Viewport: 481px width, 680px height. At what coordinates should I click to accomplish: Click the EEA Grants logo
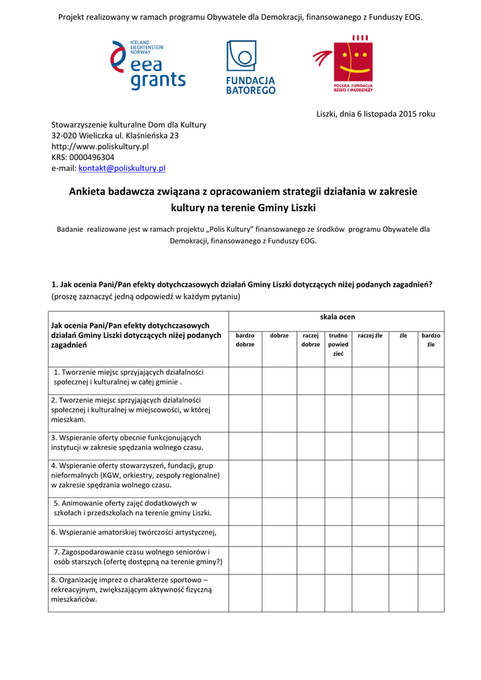click(x=147, y=65)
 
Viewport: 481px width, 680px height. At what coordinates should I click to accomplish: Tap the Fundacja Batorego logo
click(x=250, y=67)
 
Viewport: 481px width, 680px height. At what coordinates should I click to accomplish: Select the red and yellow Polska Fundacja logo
click(x=344, y=66)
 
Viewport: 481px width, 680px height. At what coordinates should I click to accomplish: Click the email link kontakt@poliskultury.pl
click(x=122, y=169)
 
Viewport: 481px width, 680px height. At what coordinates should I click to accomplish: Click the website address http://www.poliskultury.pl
click(x=100, y=146)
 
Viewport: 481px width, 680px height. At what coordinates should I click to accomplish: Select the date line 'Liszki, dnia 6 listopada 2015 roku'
click(x=375, y=114)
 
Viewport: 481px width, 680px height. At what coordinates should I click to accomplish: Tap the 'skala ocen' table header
click(x=337, y=317)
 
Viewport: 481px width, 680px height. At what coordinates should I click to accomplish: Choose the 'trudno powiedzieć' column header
click(x=338, y=345)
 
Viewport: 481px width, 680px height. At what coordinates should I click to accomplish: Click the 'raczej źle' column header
click(x=370, y=336)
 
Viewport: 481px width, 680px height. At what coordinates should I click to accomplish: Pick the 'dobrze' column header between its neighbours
click(x=279, y=336)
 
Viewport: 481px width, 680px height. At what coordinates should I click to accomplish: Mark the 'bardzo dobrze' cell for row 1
click(x=244, y=380)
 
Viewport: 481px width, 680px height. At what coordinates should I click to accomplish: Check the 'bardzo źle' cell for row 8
click(x=431, y=592)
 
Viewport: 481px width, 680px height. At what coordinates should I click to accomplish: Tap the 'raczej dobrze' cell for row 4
click(x=310, y=479)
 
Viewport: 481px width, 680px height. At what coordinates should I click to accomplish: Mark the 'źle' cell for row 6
click(x=403, y=533)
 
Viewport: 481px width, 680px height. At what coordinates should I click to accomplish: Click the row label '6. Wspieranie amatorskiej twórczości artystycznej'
click(x=134, y=533)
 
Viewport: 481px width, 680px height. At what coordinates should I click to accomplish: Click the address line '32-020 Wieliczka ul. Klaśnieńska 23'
click(x=115, y=135)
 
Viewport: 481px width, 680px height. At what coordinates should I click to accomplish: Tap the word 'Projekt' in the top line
click(x=72, y=16)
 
